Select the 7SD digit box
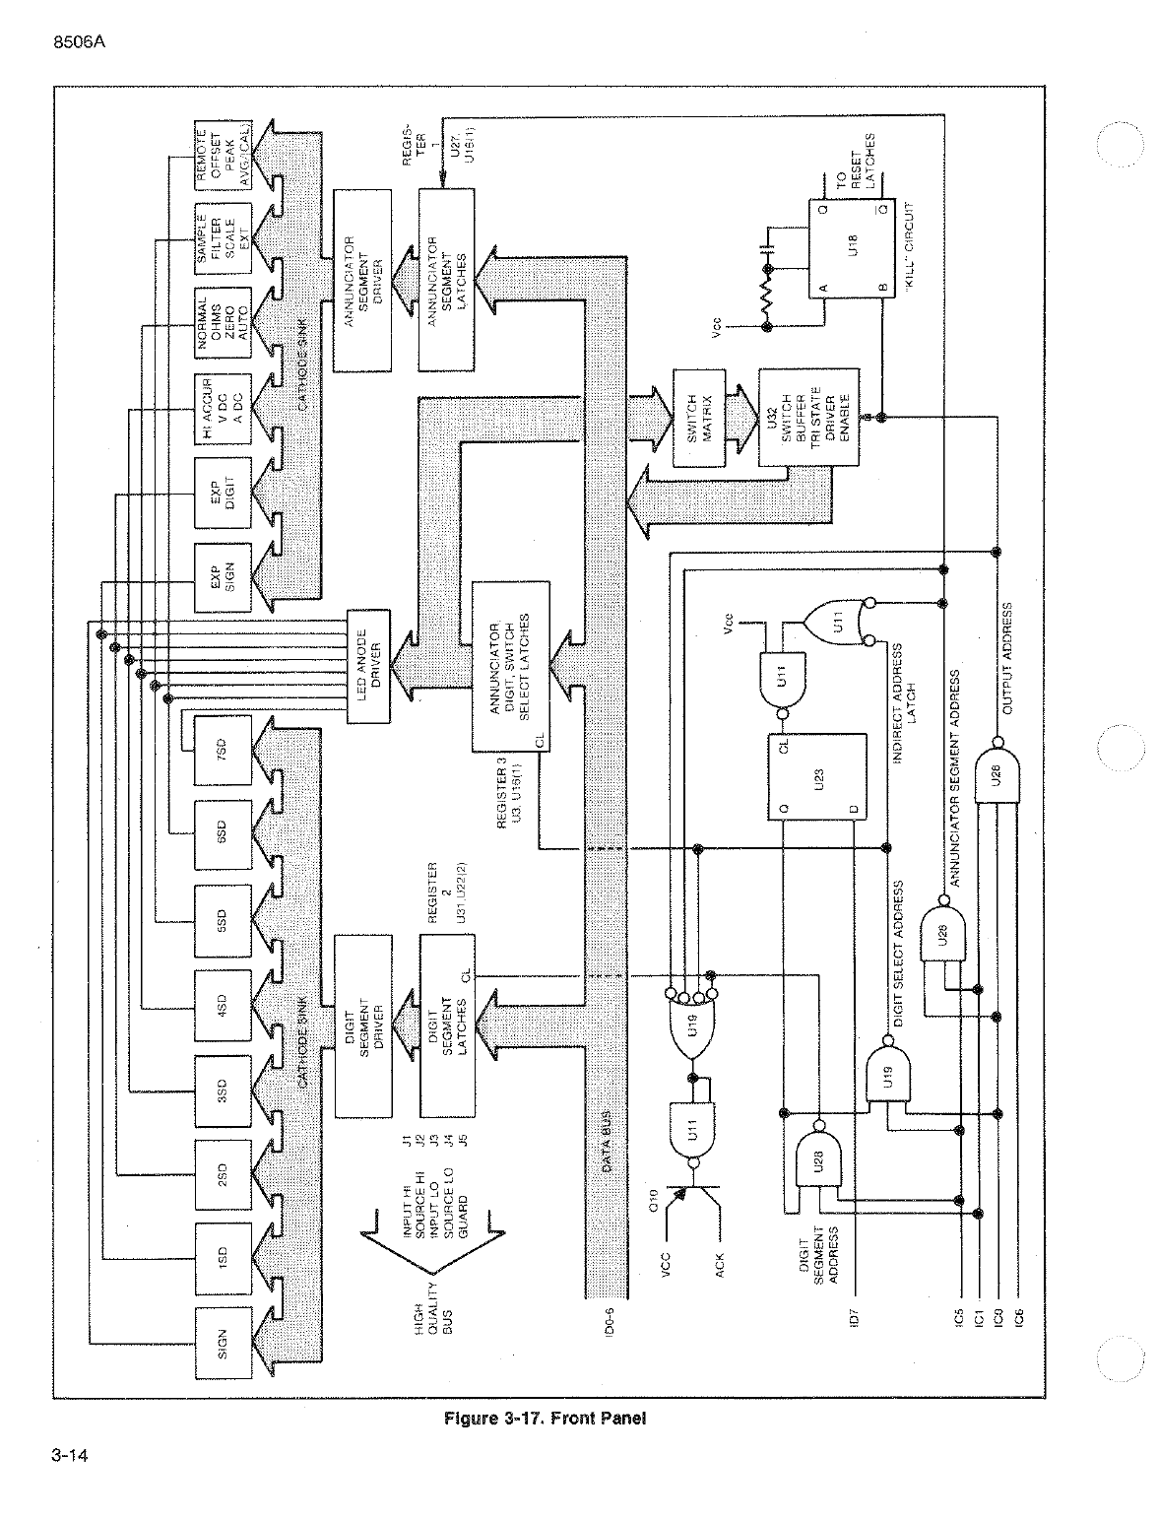point(223,751)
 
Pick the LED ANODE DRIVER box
point(370,667)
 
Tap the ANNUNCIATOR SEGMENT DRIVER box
point(364,281)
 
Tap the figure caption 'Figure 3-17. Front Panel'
point(545,1419)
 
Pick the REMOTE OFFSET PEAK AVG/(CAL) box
point(223,156)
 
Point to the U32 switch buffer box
point(807,418)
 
